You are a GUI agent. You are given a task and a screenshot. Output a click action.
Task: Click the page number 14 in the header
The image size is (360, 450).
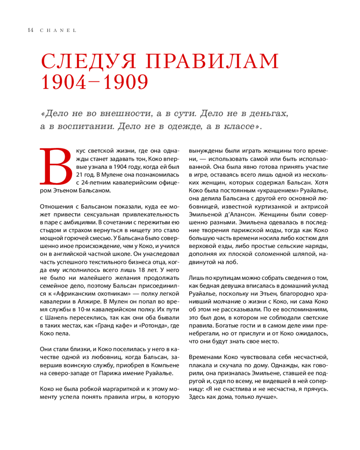[30, 30]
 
